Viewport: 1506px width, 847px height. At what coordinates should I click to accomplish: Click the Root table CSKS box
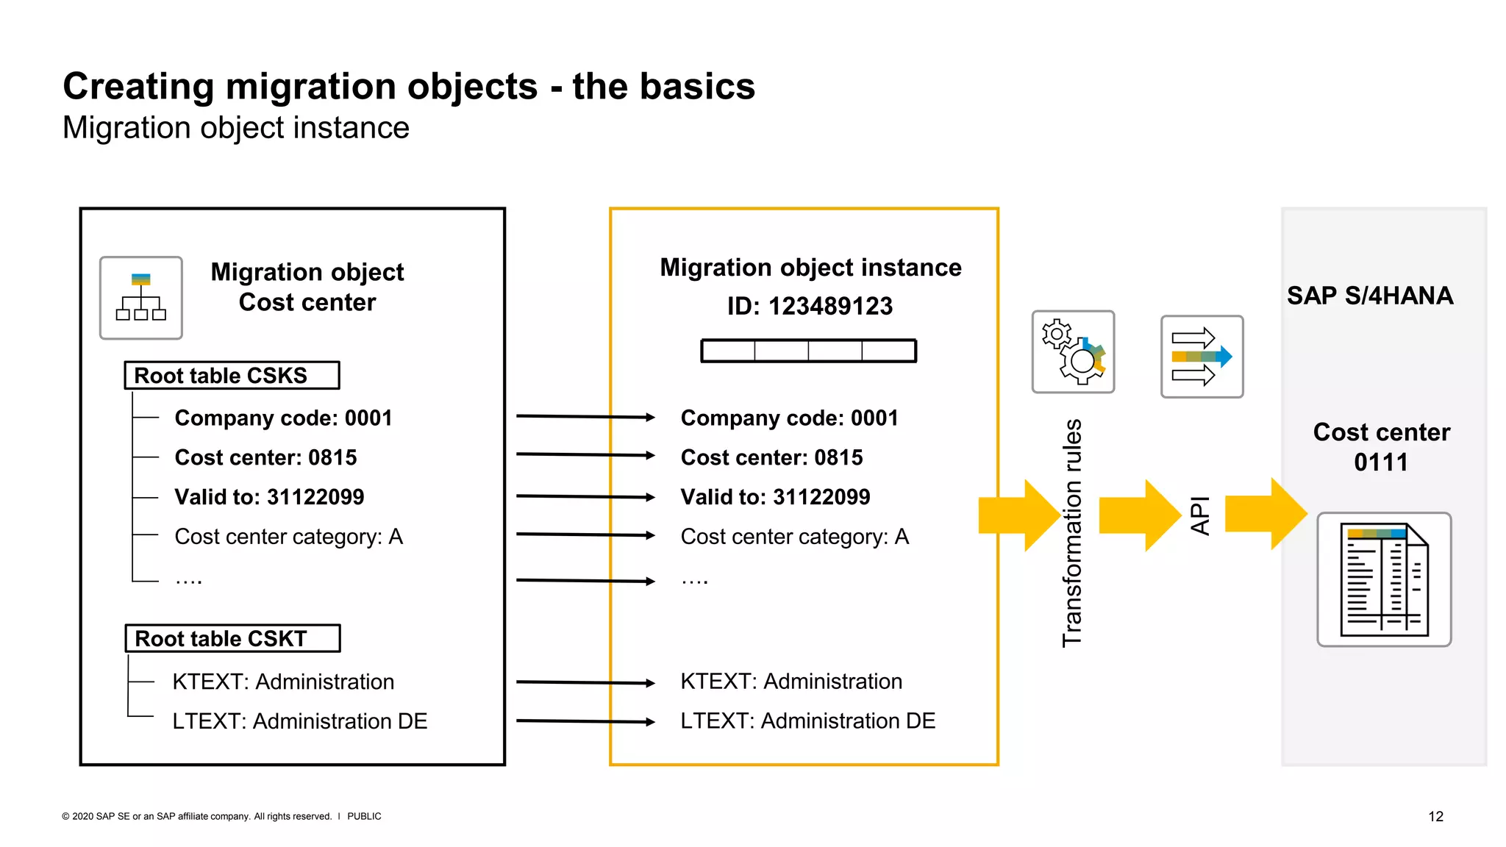[x=232, y=375]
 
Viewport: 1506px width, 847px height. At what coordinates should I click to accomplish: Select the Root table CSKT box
[x=232, y=638]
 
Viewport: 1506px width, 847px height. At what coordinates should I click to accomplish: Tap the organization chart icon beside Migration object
[x=141, y=298]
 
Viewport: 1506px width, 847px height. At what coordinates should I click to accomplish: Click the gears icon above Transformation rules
[x=1073, y=352]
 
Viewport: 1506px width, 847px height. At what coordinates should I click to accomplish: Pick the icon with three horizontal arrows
[x=1202, y=357]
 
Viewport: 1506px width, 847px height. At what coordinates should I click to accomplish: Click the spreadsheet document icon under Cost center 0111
[x=1383, y=579]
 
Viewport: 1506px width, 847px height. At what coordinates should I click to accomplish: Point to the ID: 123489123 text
[x=810, y=306]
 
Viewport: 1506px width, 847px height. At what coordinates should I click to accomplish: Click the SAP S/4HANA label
[x=1369, y=296]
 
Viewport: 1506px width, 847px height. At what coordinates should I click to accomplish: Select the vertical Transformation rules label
[x=1072, y=533]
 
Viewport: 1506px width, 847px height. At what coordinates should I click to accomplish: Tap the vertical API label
[x=1199, y=515]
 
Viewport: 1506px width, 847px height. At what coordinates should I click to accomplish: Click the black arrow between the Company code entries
[x=585, y=417]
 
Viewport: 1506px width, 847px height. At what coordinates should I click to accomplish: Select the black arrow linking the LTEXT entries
[x=585, y=721]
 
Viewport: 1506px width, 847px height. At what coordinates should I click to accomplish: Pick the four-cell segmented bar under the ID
[x=808, y=351]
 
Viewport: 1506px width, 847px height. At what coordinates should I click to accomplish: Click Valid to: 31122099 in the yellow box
[x=775, y=497]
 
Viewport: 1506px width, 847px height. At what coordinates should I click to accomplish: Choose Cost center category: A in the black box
[x=288, y=537]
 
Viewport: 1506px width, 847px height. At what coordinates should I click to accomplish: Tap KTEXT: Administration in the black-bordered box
[x=283, y=682]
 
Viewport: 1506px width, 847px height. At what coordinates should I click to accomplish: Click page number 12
[x=1435, y=816]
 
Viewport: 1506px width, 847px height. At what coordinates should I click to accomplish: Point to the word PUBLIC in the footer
[x=364, y=816]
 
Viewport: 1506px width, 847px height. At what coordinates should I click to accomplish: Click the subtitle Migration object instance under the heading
[x=235, y=128]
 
